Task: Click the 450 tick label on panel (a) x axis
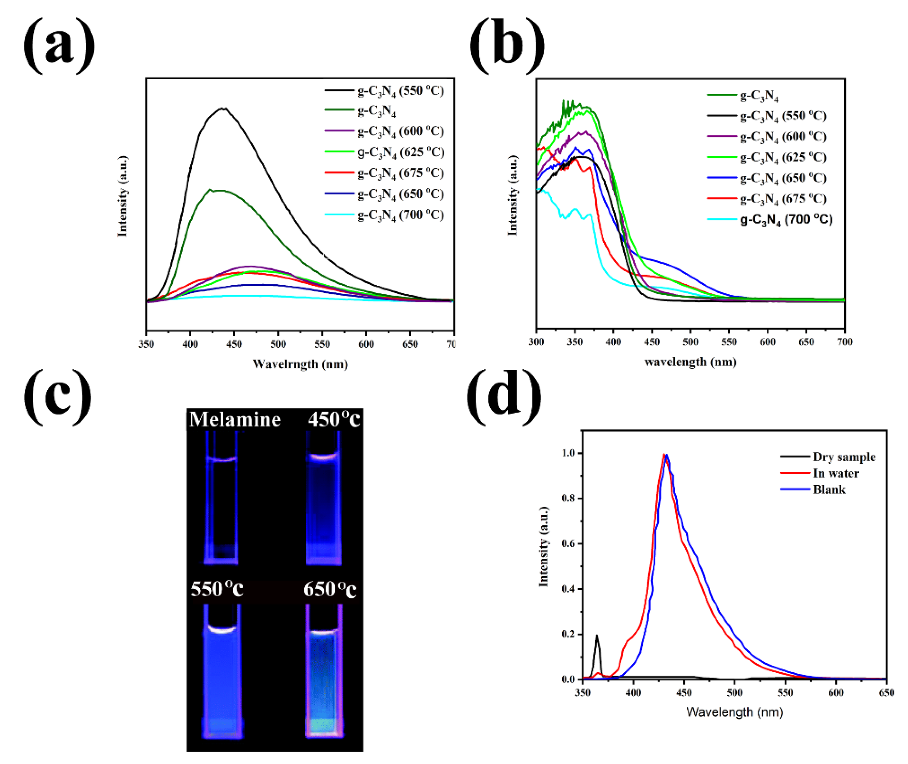point(234,344)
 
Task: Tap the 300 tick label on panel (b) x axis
point(536,342)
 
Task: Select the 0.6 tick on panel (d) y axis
point(568,544)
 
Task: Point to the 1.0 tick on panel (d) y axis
point(568,453)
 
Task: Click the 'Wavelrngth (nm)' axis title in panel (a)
point(300,364)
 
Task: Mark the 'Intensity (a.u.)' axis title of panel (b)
point(513,196)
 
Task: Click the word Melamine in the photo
point(235,420)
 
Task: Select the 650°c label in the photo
point(330,589)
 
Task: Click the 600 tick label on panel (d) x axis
point(835,693)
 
